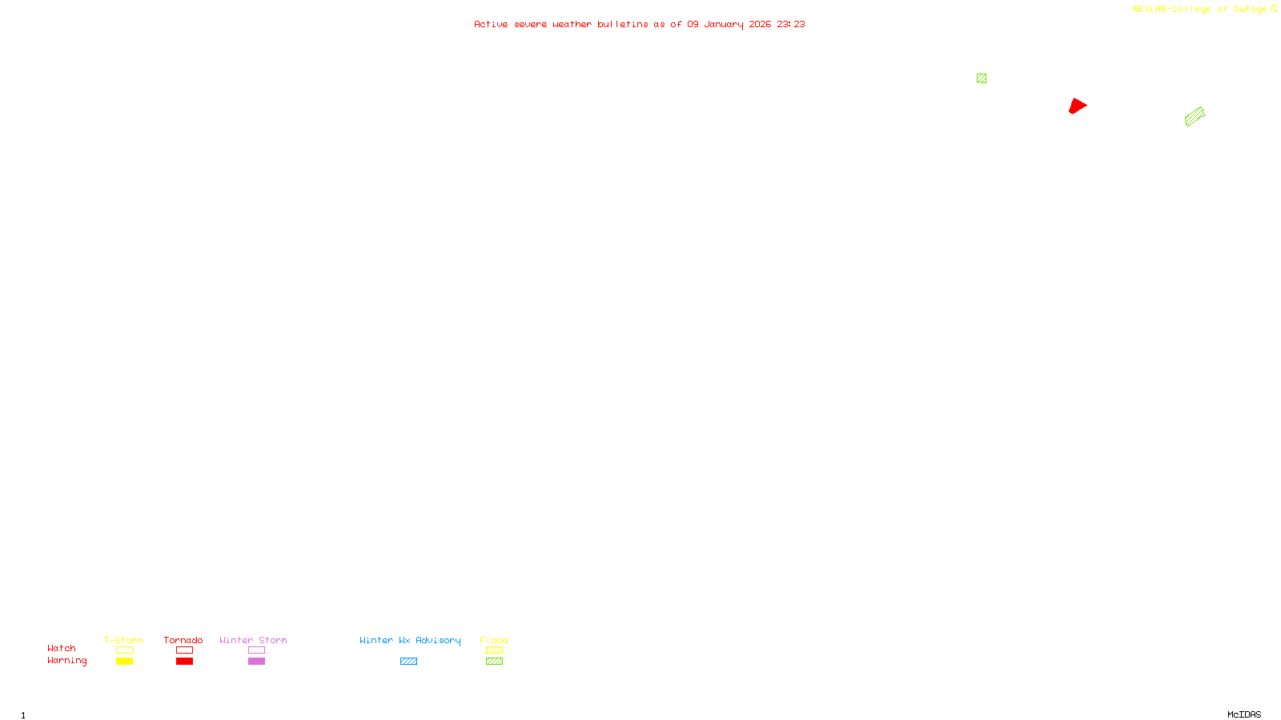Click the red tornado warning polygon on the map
[x=1077, y=106]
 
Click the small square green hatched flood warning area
[x=982, y=78]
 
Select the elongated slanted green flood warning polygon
[x=1195, y=118]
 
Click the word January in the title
[x=724, y=25]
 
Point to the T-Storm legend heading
[x=123, y=640]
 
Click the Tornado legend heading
[x=183, y=640]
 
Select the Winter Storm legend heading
[x=253, y=640]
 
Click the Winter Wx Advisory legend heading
[x=410, y=640]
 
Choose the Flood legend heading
[x=494, y=640]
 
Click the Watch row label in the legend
[x=62, y=649]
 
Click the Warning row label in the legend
[x=67, y=661]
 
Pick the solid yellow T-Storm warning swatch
[x=124, y=662]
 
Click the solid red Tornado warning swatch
[x=184, y=662]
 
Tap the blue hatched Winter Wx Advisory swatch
[x=408, y=662]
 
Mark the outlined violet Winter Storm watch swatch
[x=256, y=650]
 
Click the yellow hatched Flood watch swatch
[x=494, y=650]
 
